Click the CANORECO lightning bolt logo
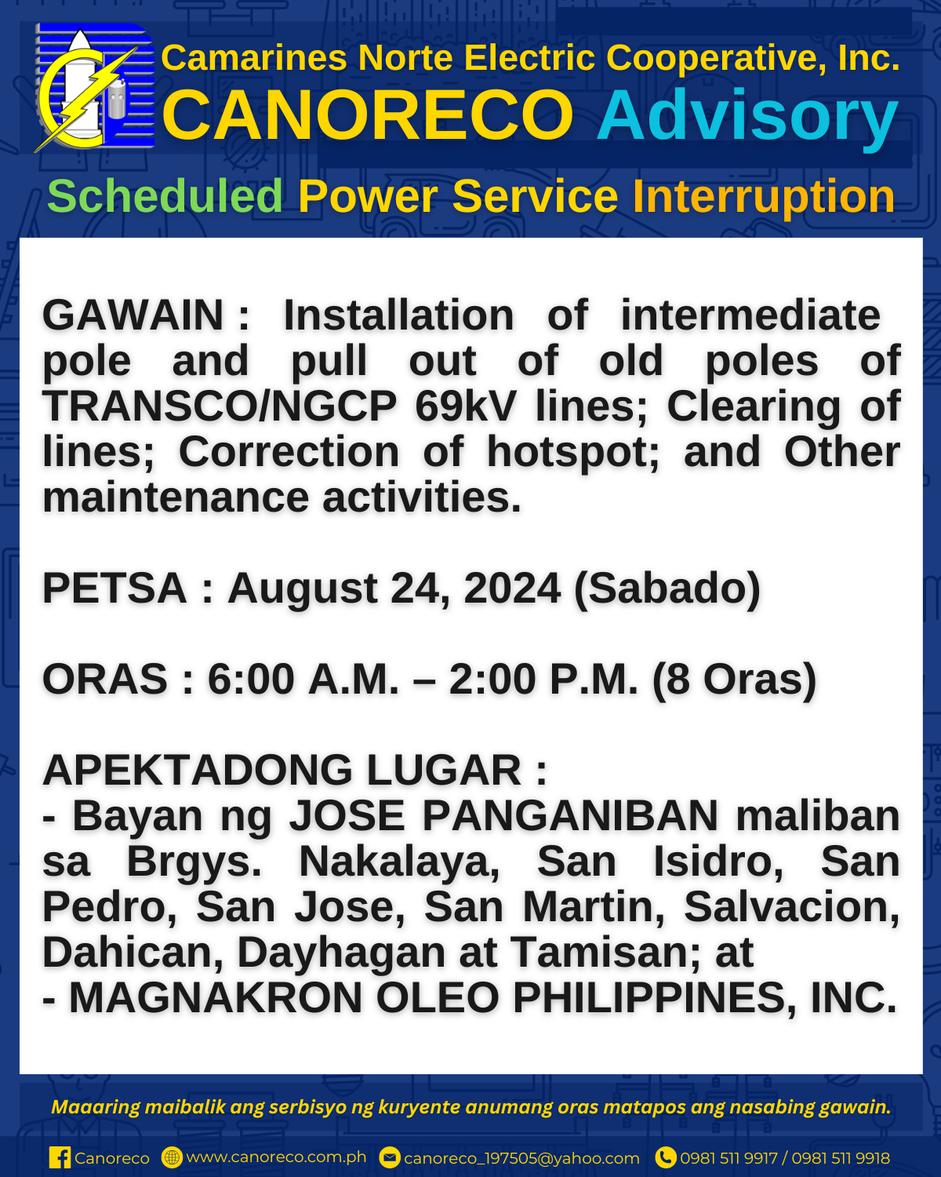click(94, 88)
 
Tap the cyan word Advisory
click(747, 117)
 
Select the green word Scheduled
click(165, 196)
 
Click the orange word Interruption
click(764, 197)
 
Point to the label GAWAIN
click(133, 315)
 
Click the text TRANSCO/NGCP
click(220, 406)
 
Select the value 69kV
click(466, 406)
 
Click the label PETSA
click(114, 588)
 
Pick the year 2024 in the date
click(512, 588)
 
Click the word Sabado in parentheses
click(667, 588)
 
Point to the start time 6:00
click(251, 680)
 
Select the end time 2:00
click(492, 680)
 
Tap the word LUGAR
click(444, 770)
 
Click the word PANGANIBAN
click(570, 816)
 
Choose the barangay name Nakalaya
click(400, 862)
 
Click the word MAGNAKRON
click(216, 998)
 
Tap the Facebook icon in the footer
click(60, 1157)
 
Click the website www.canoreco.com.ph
click(277, 1157)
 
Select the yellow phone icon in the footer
click(666, 1157)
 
